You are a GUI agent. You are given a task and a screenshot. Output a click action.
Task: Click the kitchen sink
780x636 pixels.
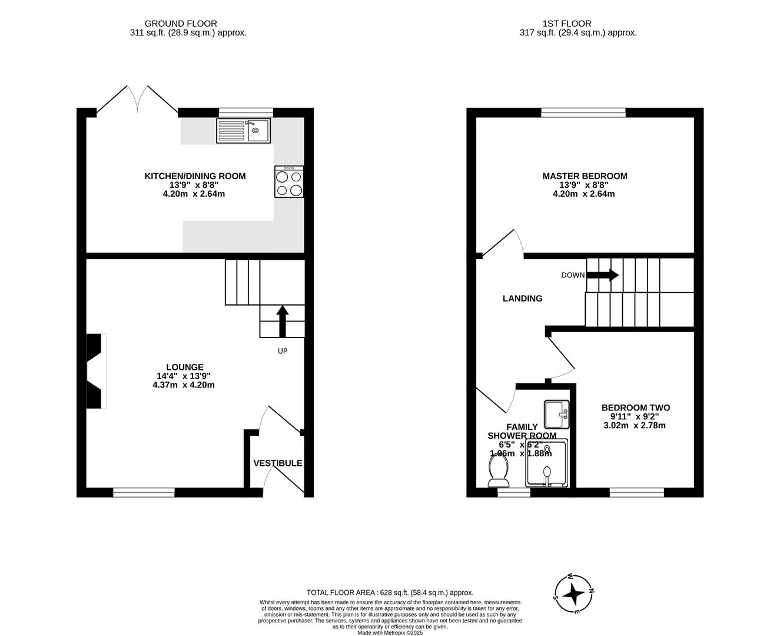(243, 131)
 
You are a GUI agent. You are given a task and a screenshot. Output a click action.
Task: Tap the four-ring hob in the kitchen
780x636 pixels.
(289, 182)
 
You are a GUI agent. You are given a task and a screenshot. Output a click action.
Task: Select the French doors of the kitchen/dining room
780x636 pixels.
(137, 99)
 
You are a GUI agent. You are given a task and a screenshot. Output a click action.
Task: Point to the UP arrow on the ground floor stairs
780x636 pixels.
(282, 321)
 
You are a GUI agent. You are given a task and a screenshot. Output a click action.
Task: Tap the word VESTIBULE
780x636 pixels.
(278, 463)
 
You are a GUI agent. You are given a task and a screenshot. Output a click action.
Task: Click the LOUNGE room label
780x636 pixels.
(184, 367)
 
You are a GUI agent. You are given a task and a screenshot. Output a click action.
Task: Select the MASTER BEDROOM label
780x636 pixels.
(585, 176)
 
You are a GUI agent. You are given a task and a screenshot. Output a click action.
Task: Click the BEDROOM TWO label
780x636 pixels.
(635, 408)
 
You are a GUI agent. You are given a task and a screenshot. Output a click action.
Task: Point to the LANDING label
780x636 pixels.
(522, 299)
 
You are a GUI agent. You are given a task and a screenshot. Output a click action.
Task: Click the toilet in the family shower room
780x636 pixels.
(499, 472)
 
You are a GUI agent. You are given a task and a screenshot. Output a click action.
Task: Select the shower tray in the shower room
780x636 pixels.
(547, 463)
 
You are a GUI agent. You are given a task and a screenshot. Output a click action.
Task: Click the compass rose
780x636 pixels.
(573, 594)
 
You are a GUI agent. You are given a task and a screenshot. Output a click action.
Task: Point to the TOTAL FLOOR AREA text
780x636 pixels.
(390, 593)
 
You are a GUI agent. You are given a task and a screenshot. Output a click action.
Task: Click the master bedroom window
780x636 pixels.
(583, 112)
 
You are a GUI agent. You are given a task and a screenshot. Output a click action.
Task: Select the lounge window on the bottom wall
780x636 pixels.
(144, 493)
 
